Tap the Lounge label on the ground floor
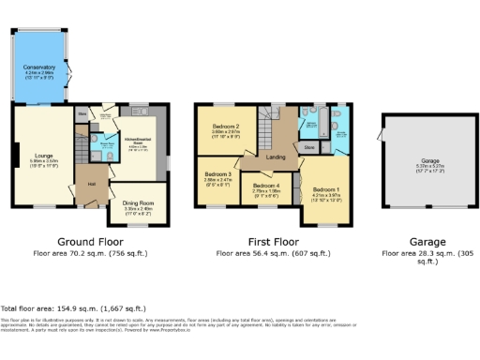[32, 134]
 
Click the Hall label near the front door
[92, 183]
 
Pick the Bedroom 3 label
[217, 174]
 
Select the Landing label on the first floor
[276, 157]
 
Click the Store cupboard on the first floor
[308, 147]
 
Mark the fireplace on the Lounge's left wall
[14, 153]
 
